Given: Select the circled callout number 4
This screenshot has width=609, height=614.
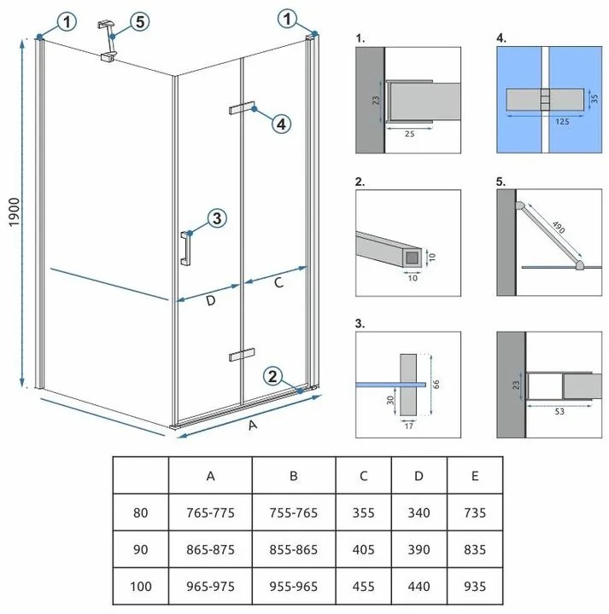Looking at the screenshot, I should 281,124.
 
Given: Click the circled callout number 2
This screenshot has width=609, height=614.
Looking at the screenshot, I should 272,376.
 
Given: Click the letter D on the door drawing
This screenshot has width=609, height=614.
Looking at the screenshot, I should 210,301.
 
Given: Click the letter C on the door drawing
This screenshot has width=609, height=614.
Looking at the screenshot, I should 278,283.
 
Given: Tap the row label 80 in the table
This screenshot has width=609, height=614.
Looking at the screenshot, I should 141,513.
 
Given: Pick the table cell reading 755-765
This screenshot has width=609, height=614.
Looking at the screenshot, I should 294,513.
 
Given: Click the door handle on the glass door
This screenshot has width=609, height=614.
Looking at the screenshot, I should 184,247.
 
